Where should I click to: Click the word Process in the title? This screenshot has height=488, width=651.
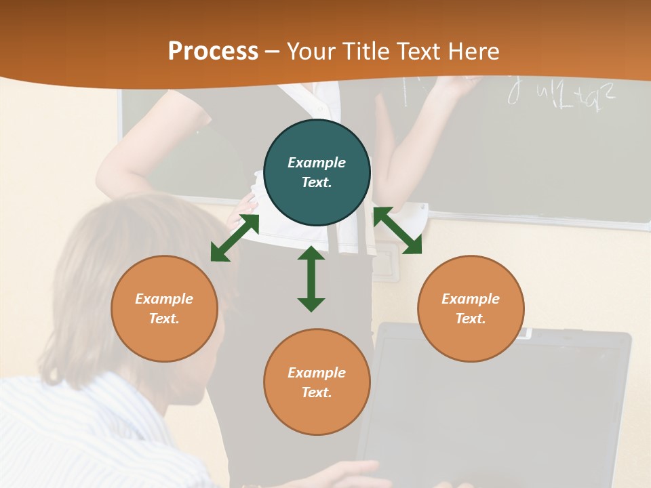tap(213, 51)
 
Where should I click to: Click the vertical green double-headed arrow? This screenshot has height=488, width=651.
tap(311, 279)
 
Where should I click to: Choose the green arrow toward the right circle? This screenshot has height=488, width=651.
tap(397, 230)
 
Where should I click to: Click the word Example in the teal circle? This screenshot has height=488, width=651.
tap(317, 163)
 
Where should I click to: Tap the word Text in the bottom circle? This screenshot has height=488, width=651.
tap(315, 392)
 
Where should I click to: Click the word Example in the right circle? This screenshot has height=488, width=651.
tap(471, 299)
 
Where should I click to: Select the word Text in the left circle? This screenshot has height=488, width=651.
tap(163, 319)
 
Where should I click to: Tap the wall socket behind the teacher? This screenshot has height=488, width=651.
tap(384, 264)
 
